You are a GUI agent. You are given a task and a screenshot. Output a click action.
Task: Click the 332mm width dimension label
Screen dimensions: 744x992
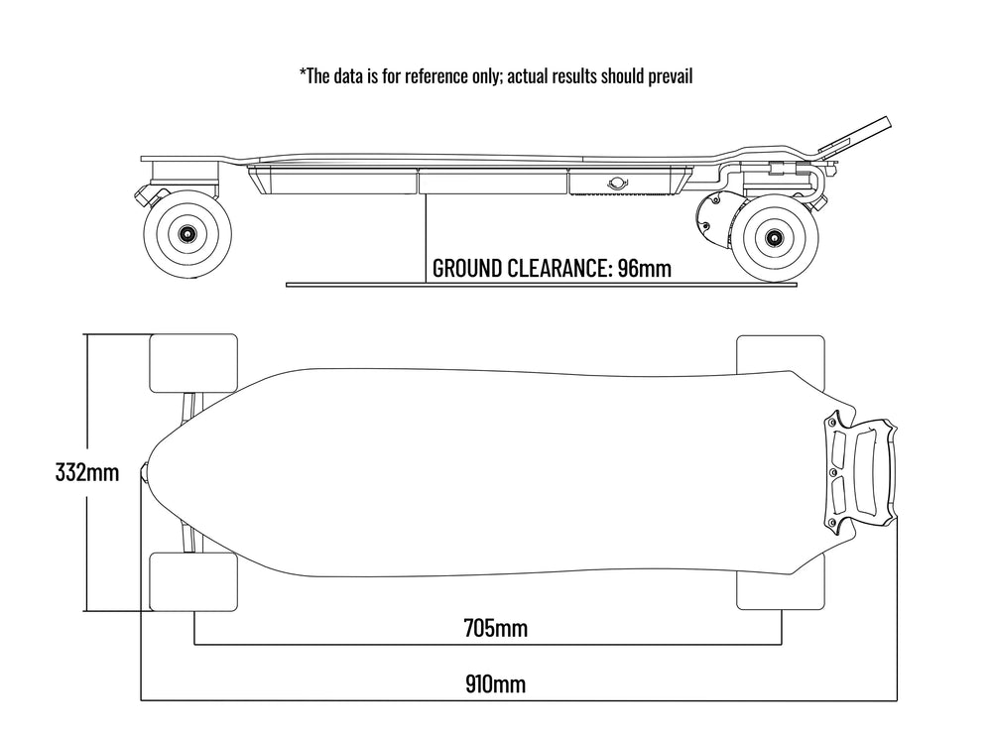(x=87, y=472)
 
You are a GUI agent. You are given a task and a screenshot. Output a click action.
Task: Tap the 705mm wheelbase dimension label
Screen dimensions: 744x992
(x=495, y=627)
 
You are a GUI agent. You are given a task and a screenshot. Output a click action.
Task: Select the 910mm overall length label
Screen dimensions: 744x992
(x=495, y=683)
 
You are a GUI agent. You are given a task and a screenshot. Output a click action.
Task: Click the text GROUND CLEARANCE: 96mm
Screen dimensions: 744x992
(x=553, y=269)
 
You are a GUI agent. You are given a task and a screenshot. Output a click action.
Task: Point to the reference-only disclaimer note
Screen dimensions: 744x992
(x=495, y=76)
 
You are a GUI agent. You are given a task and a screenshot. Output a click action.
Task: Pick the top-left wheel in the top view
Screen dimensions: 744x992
(x=193, y=363)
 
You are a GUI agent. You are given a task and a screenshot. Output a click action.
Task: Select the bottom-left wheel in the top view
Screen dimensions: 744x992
(x=193, y=582)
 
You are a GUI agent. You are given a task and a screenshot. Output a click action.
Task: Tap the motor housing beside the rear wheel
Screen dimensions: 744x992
(x=720, y=221)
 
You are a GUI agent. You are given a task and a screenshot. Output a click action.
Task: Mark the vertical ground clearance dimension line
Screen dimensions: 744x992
(x=426, y=238)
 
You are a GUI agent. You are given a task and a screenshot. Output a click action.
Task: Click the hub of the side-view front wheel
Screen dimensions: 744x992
(x=186, y=232)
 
